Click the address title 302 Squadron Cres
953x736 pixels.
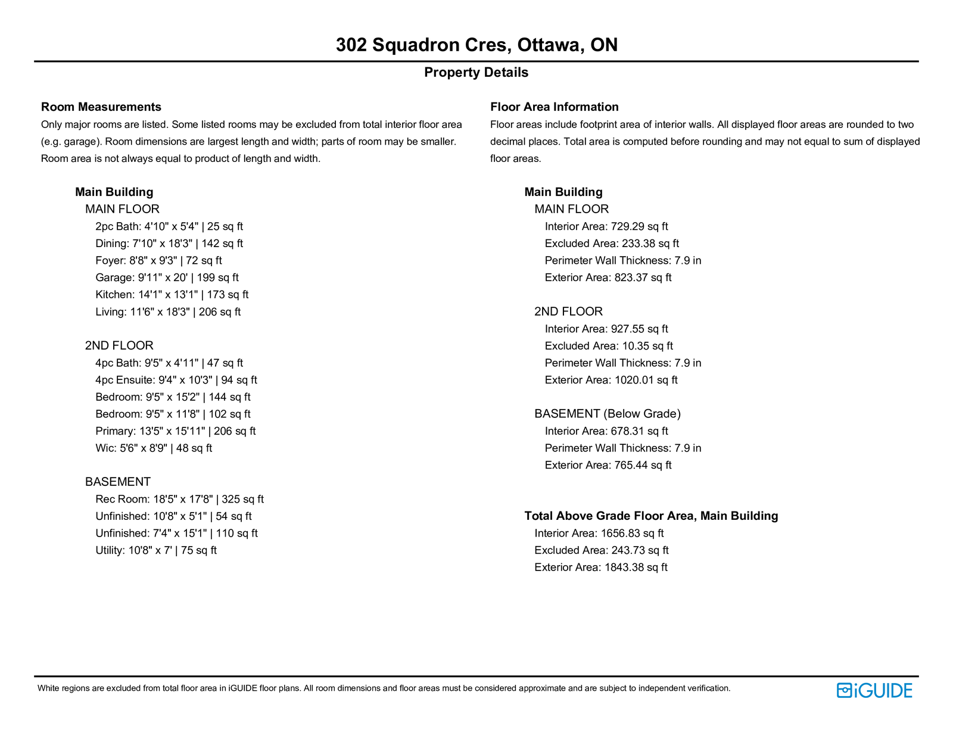point(476,45)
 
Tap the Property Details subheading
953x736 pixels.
point(476,73)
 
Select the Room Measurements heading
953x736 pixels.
point(101,107)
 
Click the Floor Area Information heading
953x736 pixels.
point(554,107)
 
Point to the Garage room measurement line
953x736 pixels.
point(167,277)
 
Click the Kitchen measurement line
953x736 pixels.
point(172,295)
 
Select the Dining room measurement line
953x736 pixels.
point(169,244)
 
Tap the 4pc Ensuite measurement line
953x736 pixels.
point(176,380)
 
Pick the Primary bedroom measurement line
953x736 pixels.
point(175,431)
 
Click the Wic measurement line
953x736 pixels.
point(154,448)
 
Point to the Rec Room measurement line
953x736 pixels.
point(179,500)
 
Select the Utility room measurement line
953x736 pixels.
point(156,551)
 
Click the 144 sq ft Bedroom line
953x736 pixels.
point(173,397)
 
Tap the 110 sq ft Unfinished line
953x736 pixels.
point(176,534)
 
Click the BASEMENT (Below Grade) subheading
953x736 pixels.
point(607,414)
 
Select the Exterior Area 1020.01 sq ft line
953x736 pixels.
point(611,380)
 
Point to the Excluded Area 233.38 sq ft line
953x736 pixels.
point(612,244)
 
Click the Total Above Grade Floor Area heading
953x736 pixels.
point(651,516)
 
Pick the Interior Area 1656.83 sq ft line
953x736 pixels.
point(599,534)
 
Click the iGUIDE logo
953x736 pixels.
point(874,691)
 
